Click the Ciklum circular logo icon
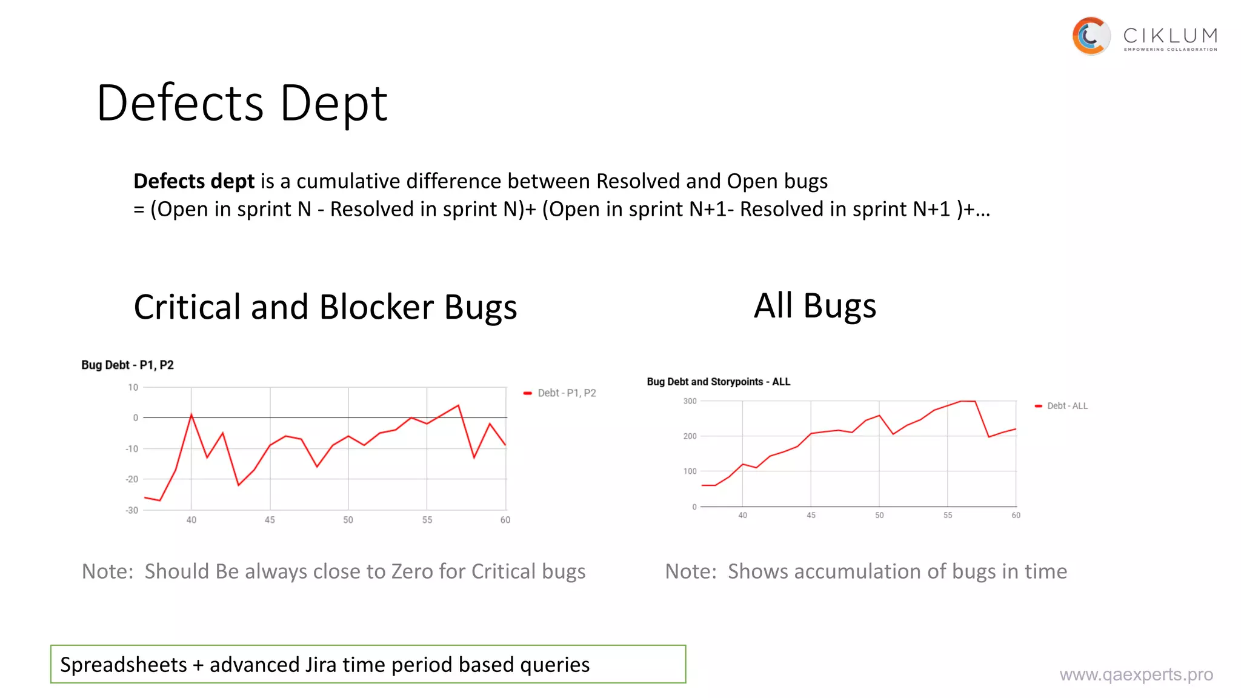point(1091,36)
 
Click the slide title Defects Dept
point(242,103)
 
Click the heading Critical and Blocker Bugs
point(325,307)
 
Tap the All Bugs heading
point(814,305)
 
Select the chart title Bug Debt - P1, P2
point(128,365)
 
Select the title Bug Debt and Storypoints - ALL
point(718,382)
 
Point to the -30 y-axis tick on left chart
point(131,510)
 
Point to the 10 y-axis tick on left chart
point(133,387)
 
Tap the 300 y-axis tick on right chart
point(690,401)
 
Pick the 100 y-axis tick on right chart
point(690,471)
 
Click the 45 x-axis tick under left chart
point(270,520)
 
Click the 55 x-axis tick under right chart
point(948,515)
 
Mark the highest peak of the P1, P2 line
point(458,405)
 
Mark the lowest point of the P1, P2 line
point(160,500)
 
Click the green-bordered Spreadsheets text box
point(368,664)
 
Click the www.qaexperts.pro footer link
point(1136,674)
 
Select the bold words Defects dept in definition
point(194,181)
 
